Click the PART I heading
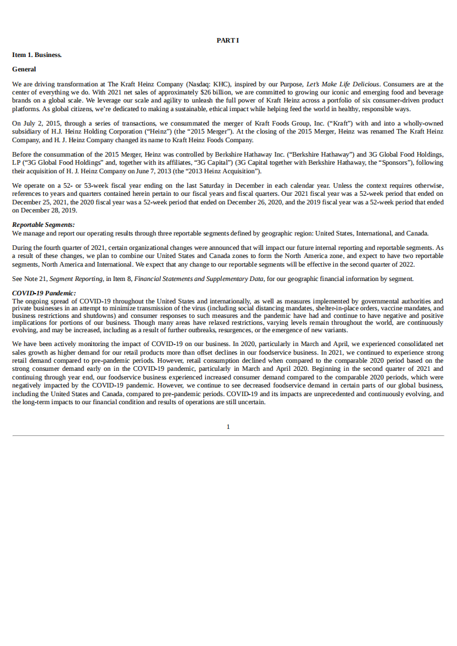(x=228, y=40)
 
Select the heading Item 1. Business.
(x=37, y=55)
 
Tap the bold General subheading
(x=24, y=69)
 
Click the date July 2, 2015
(x=39, y=123)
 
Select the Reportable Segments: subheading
(x=43, y=225)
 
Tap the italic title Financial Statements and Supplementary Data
(x=198, y=279)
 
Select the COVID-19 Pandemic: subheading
(x=44, y=293)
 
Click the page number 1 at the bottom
(x=228, y=427)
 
